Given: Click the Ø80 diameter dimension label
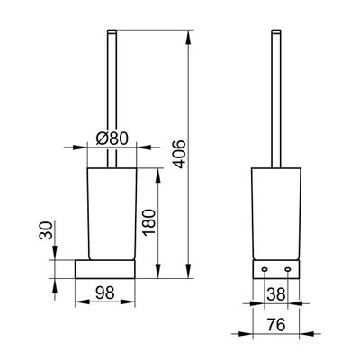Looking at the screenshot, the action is [x=112, y=139].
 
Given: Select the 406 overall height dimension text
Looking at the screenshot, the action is [x=180, y=154].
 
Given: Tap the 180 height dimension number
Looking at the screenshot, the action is [x=149, y=222].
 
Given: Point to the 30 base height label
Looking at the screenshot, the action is [x=46, y=230].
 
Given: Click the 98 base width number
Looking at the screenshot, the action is [x=105, y=292].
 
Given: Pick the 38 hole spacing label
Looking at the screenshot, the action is [x=276, y=294].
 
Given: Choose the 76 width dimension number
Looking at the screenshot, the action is [x=276, y=324].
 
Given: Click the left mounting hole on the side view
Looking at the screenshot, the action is [x=265, y=270].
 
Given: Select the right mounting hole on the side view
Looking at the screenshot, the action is [x=288, y=270].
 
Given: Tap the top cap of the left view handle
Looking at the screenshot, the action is [x=112, y=31].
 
